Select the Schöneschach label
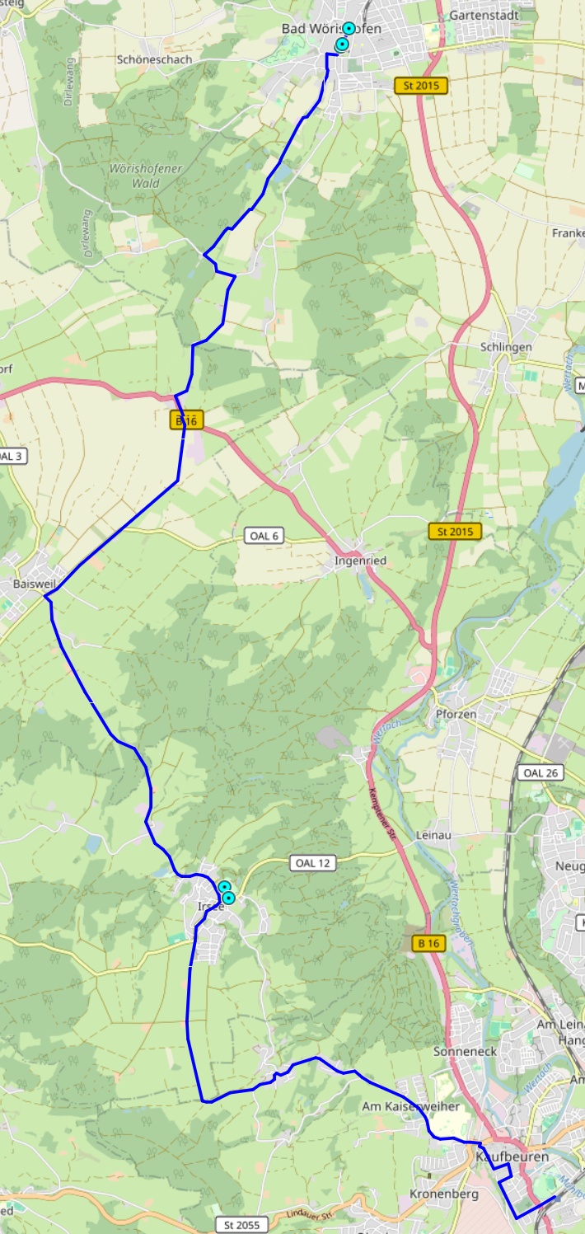click(154, 59)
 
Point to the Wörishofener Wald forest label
click(145, 176)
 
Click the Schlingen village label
click(506, 347)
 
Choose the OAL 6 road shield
click(264, 536)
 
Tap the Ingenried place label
click(360, 561)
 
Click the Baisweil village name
click(33, 584)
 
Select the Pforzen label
click(456, 714)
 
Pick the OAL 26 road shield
click(540, 772)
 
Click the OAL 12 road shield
click(313, 863)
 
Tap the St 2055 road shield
click(241, 1225)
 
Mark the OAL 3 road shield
click(12, 456)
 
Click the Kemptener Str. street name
click(385, 814)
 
